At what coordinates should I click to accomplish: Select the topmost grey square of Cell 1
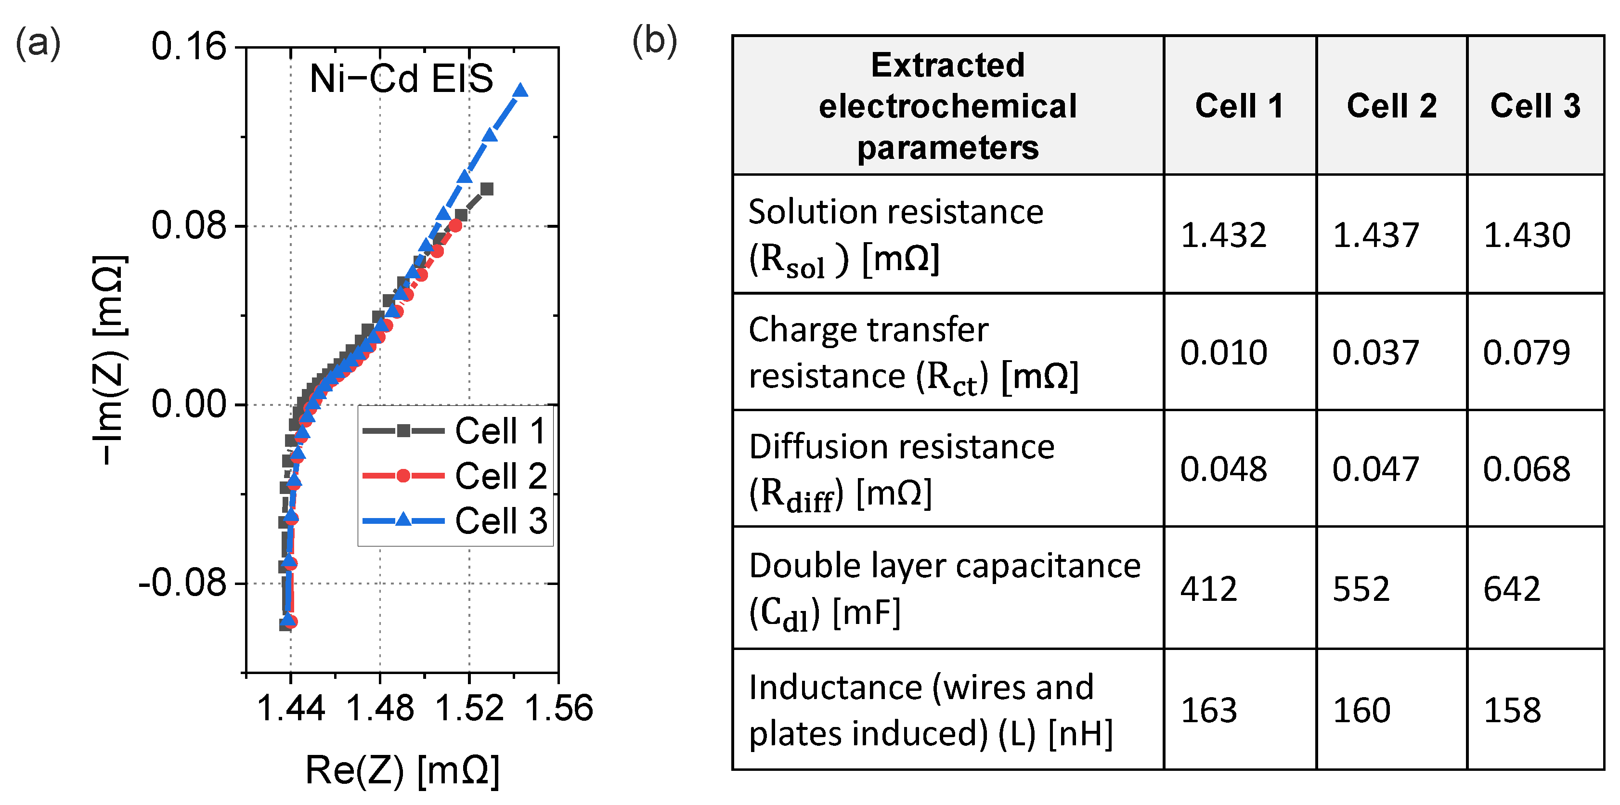(487, 189)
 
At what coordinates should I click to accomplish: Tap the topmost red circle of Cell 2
(456, 226)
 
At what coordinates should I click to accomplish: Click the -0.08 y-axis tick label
(182, 583)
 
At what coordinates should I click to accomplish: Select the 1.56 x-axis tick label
(558, 708)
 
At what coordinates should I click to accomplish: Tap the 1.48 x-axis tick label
(380, 708)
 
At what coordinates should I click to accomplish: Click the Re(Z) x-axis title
(402, 770)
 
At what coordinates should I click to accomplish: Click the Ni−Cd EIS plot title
(401, 79)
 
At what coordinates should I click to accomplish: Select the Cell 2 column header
(1391, 105)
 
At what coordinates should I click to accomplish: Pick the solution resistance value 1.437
(1375, 235)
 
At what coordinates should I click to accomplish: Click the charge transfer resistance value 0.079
(1526, 352)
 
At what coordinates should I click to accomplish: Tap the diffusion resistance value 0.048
(1223, 469)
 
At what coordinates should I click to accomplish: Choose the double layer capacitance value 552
(1361, 589)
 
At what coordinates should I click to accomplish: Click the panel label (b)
(654, 41)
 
